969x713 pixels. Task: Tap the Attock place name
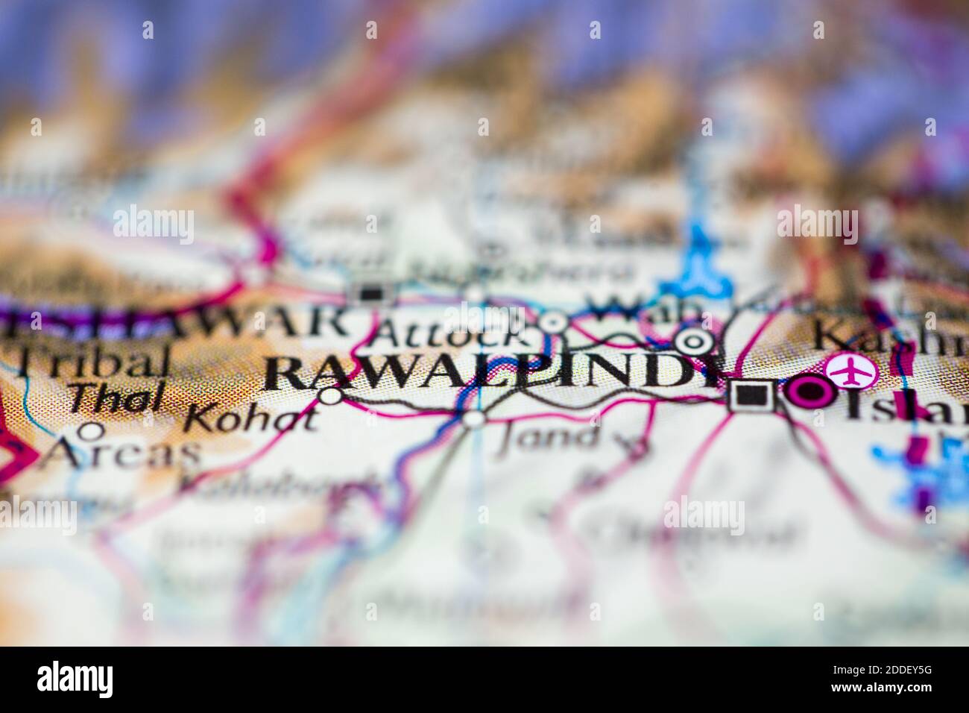[445, 333]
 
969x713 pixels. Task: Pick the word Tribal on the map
[89, 363]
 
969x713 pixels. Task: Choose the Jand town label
[548, 436]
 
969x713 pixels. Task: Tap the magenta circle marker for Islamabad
[811, 392]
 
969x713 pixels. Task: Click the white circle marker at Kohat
[330, 395]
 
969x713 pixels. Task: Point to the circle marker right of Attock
[552, 323]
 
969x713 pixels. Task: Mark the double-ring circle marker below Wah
[693, 342]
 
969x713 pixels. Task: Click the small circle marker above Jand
[473, 418]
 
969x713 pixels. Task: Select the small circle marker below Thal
[92, 430]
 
